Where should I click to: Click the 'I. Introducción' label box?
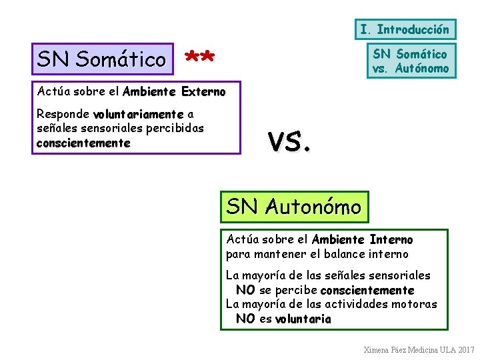(405, 29)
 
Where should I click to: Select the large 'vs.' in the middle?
(289, 141)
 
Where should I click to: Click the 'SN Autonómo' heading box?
(293, 207)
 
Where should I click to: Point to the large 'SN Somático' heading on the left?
(102, 59)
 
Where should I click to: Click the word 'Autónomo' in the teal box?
(422, 69)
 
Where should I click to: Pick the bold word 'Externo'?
(203, 91)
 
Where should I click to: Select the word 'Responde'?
(63, 114)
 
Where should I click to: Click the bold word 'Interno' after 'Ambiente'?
(391, 239)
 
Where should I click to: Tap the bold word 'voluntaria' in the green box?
(303, 319)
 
